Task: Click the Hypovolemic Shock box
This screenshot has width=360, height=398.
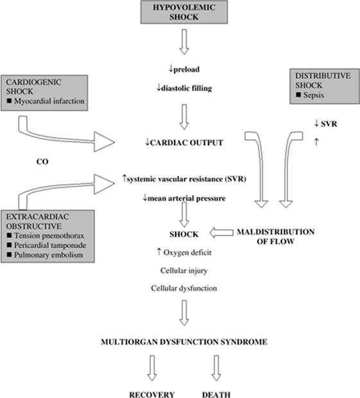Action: tap(184, 12)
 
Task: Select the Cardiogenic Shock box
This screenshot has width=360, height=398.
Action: tap(44, 93)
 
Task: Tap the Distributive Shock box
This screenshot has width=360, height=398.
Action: tap(325, 86)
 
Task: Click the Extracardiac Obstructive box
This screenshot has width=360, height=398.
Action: tap(47, 236)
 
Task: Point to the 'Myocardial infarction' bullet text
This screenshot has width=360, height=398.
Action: tap(49, 101)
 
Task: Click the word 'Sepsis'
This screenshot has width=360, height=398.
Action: tap(314, 95)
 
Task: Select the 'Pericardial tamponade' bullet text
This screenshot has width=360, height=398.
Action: tap(50, 245)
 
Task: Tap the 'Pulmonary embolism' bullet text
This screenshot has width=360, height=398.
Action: tap(49, 255)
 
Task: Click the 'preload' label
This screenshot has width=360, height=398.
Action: tap(187, 69)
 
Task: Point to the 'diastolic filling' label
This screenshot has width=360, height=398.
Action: tap(187, 88)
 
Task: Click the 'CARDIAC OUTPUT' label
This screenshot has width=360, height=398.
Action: tap(187, 143)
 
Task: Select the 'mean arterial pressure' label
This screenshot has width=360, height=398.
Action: tap(187, 198)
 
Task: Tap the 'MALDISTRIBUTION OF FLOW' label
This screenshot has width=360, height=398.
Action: tap(275, 237)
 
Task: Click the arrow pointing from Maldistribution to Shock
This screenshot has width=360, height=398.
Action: tap(221, 232)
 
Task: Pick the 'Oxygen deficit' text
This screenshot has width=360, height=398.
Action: tap(187, 252)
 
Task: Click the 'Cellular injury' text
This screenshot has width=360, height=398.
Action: tap(184, 271)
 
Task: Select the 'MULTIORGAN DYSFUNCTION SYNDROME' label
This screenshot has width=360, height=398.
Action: tap(184, 342)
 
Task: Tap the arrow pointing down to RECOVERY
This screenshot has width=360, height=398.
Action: tap(152, 368)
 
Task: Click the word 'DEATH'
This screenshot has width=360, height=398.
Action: tap(216, 394)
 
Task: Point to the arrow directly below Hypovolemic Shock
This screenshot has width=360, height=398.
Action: tap(184, 42)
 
